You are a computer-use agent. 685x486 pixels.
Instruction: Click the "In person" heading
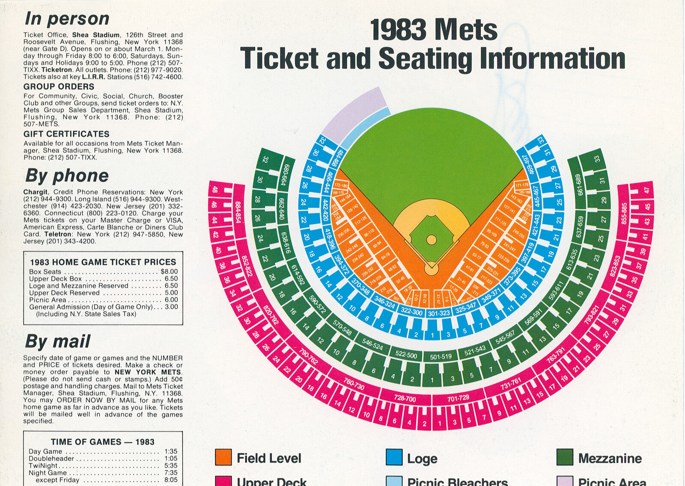pyautogui.click(x=67, y=19)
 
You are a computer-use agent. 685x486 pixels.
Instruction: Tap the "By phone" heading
pyautogui.click(x=67, y=176)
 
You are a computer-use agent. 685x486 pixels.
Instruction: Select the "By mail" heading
pyautogui.click(x=57, y=342)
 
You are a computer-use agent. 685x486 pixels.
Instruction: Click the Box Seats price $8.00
pyautogui.click(x=169, y=272)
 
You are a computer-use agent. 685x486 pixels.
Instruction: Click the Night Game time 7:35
pyautogui.click(x=170, y=473)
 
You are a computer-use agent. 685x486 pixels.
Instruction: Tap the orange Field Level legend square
pyautogui.click(x=223, y=457)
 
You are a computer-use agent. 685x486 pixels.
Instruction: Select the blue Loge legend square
pyautogui.click(x=394, y=457)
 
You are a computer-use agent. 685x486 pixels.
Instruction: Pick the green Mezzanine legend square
pyautogui.click(x=565, y=457)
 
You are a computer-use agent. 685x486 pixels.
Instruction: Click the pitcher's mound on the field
pyautogui.click(x=431, y=239)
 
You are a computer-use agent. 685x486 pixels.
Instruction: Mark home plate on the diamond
pyautogui.click(x=431, y=269)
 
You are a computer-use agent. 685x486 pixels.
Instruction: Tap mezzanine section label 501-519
pyautogui.click(x=441, y=356)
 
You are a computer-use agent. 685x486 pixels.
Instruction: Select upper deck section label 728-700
pyautogui.click(x=405, y=399)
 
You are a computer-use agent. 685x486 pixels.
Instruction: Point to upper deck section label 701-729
pyautogui.click(x=458, y=399)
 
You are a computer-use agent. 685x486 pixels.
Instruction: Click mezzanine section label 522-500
pyautogui.click(x=406, y=355)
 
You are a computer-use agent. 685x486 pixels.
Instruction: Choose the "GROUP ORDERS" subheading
pyautogui.click(x=59, y=86)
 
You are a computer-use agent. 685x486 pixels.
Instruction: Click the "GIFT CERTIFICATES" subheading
pyautogui.click(x=66, y=134)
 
